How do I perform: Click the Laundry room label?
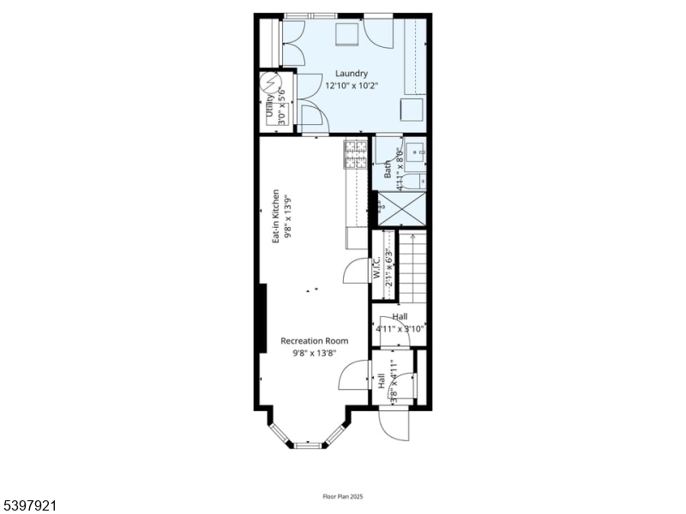[352, 74]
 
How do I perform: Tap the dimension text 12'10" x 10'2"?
[352, 86]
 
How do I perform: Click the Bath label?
[388, 169]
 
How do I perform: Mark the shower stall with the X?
[402, 208]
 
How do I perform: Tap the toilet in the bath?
[412, 182]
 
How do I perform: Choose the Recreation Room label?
[314, 341]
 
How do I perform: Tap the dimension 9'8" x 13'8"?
[314, 352]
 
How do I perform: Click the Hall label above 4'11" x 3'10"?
[400, 317]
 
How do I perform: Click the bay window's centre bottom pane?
[308, 445]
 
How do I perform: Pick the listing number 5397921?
[29, 506]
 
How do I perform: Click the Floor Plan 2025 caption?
[343, 496]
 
